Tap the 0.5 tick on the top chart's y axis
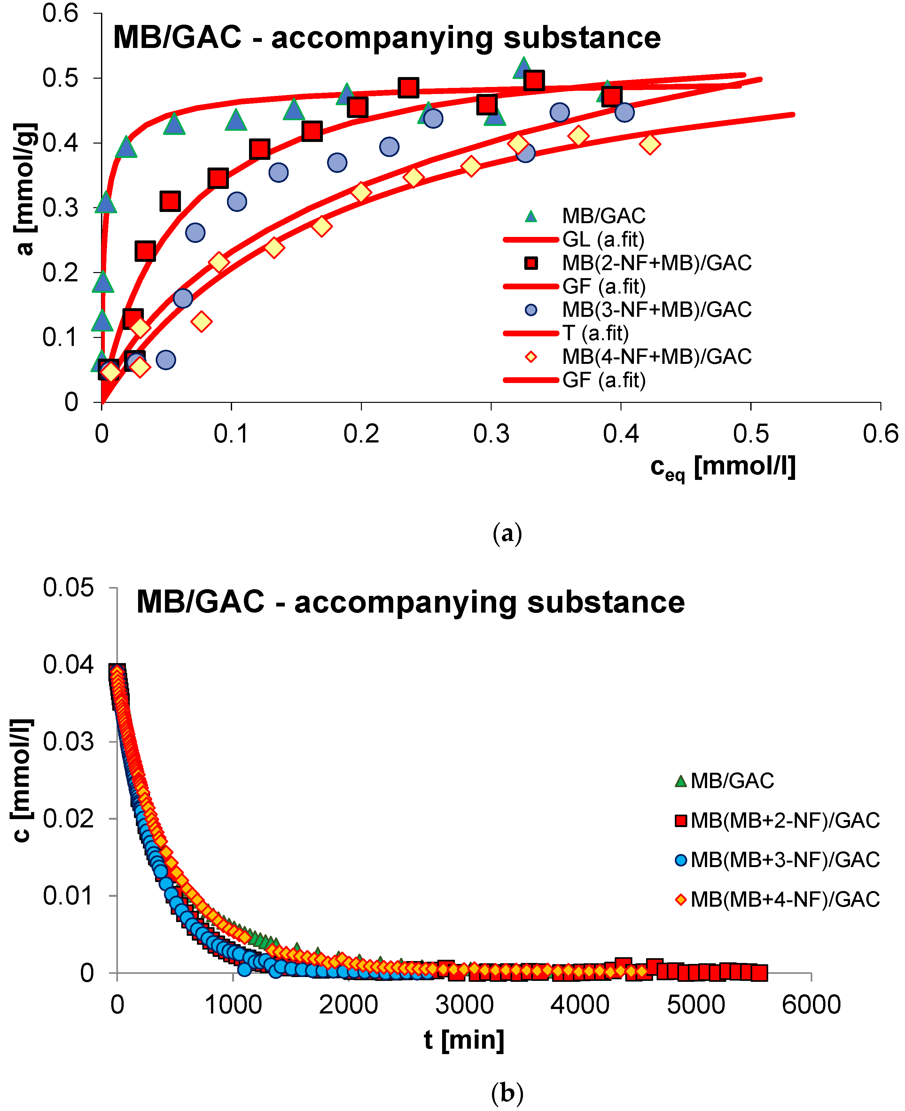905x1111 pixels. (x=60, y=78)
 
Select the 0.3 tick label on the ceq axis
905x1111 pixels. (x=491, y=434)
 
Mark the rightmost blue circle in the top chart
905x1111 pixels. (x=624, y=112)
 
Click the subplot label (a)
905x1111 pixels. (x=507, y=534)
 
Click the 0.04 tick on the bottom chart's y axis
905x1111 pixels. (x=68, y=665)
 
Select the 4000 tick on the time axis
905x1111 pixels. (x=580, y=1005)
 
